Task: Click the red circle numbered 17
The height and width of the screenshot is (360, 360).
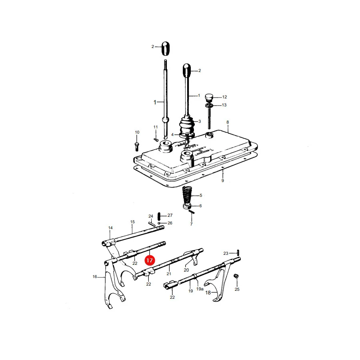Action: [x=150, y=260]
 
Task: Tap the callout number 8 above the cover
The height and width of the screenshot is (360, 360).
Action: [x=228, y=122]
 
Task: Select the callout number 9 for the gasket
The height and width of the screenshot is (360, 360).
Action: [x=222, y=180]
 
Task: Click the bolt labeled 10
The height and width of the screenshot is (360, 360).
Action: [x=137, y=146]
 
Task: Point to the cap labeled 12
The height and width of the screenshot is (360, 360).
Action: [x=209, y=97]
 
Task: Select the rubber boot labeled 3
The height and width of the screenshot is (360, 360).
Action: [x=187, y=126]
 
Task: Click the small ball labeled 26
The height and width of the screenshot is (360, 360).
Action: [x=159, y=223]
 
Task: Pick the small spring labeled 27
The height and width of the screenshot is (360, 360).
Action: [x=159, y=216]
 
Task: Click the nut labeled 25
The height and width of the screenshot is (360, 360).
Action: [x=236, y=276]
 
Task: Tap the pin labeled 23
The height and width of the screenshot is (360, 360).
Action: [x=238, y=252]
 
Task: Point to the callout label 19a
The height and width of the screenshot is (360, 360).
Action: [x=200, y=289]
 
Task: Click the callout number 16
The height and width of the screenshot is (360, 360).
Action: [x=94, y=277]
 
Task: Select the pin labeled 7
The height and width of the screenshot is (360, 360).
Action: [x=192, y=212]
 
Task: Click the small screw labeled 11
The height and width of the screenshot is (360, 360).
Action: [x=156, y=140]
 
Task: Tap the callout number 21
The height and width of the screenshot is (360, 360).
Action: [x=169, y=274]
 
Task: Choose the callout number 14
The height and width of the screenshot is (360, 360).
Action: [x=110, y=228]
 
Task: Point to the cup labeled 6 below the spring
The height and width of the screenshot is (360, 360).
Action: [x=187, y=206]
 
